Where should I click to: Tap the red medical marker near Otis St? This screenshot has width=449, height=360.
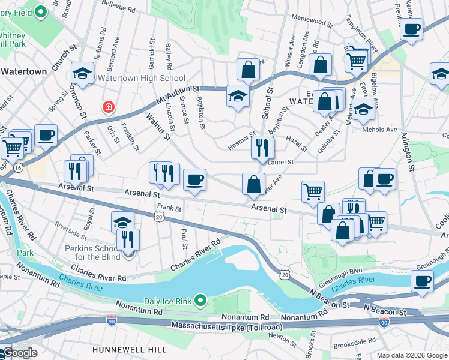coord(108,107)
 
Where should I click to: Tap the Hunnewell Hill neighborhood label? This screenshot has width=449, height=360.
coord(124,349)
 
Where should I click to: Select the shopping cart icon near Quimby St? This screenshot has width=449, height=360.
coord(313,192)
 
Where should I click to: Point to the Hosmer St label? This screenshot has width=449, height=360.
coord(241,142)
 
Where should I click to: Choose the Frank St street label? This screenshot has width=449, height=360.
coord(169,208)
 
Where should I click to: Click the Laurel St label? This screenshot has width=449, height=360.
coord(280,162)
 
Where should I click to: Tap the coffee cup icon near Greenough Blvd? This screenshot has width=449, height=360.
coord(422,282)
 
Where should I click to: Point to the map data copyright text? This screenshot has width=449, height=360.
coord(411,355)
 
